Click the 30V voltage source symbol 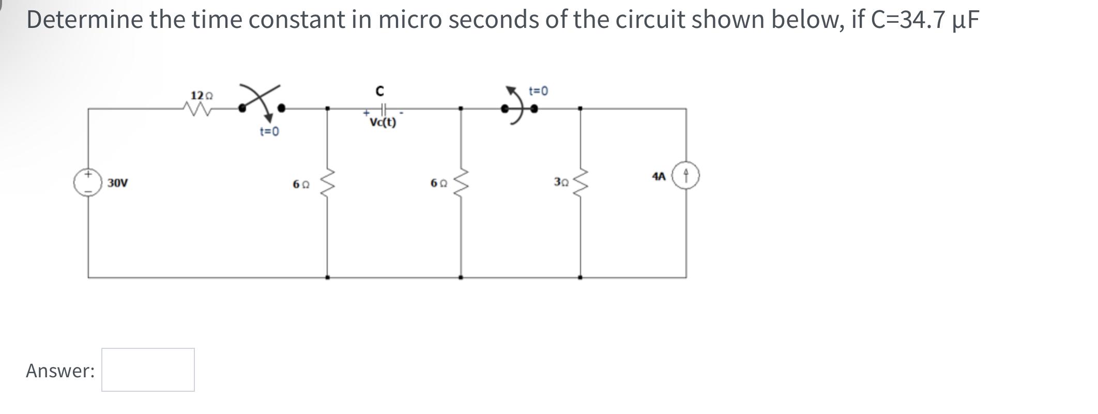(88, 182)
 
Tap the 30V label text (118, 183)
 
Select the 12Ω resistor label (201, 96)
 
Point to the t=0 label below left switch (269, 132)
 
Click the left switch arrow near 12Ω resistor (261, 103)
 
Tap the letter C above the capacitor (379, 91)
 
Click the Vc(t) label (383, 122)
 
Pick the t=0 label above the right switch (539, 91)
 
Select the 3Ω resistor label (561, 182)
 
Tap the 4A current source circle (686, 176)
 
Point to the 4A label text (658, 176)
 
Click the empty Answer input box (148, 370)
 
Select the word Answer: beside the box (60, 371)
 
